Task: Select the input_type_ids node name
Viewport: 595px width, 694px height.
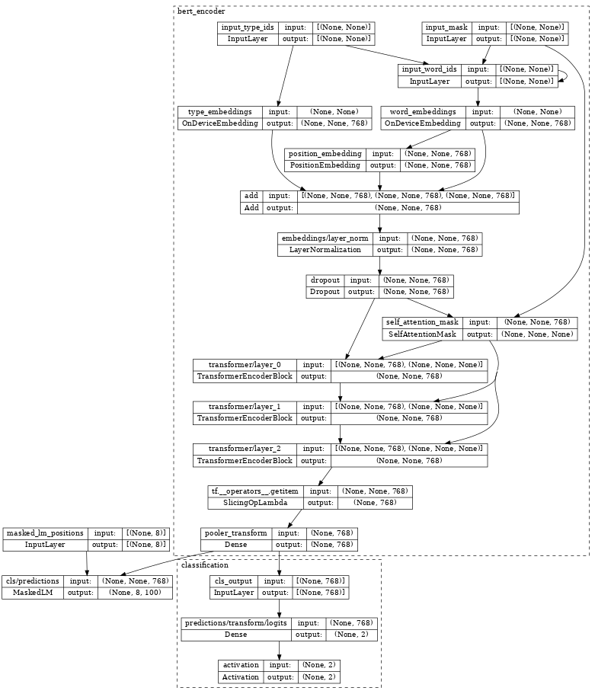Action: (x=248, y=27)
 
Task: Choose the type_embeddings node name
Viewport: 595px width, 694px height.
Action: (x=219, y=111)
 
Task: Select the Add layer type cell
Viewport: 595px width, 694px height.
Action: (x=251, y=207)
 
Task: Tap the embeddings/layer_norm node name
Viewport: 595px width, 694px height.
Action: (x=325, y=238)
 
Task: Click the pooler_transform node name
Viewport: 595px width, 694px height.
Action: (x=235, y=533)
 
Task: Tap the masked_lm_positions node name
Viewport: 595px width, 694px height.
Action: (x=46, y=533)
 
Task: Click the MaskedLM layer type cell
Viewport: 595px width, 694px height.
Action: (x=33, y=592)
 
